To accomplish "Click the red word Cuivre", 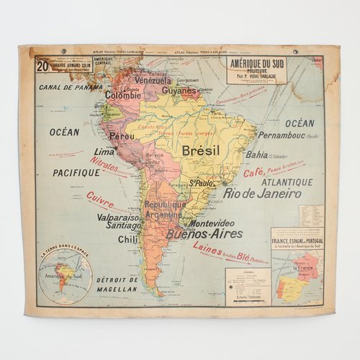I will [x=100, y=199].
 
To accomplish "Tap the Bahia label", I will [x=256, y=154].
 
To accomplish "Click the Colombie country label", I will [x=123, y=94].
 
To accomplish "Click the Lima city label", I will [x=105, y=152].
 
